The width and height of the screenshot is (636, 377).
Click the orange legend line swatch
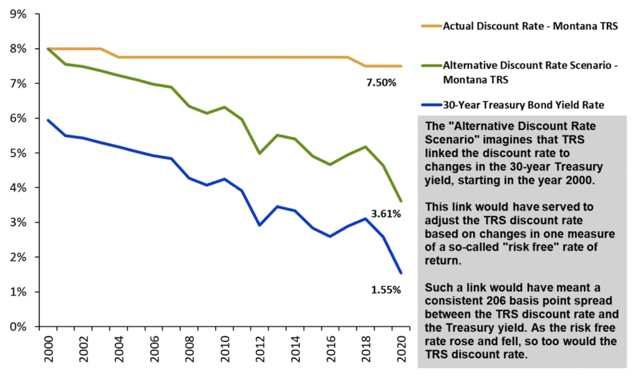[x=430, y=26]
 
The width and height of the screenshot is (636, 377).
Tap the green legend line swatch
[x=430, y=65]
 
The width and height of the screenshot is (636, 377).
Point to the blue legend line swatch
[x=430, y=106]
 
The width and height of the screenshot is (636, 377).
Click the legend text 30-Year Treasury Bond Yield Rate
[x=524, y=106]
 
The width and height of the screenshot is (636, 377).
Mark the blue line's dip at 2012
[x=259, y=225]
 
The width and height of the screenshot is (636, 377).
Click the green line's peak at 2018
[x=366, y=147]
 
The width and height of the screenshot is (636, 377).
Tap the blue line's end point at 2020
[x=402, y=273]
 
